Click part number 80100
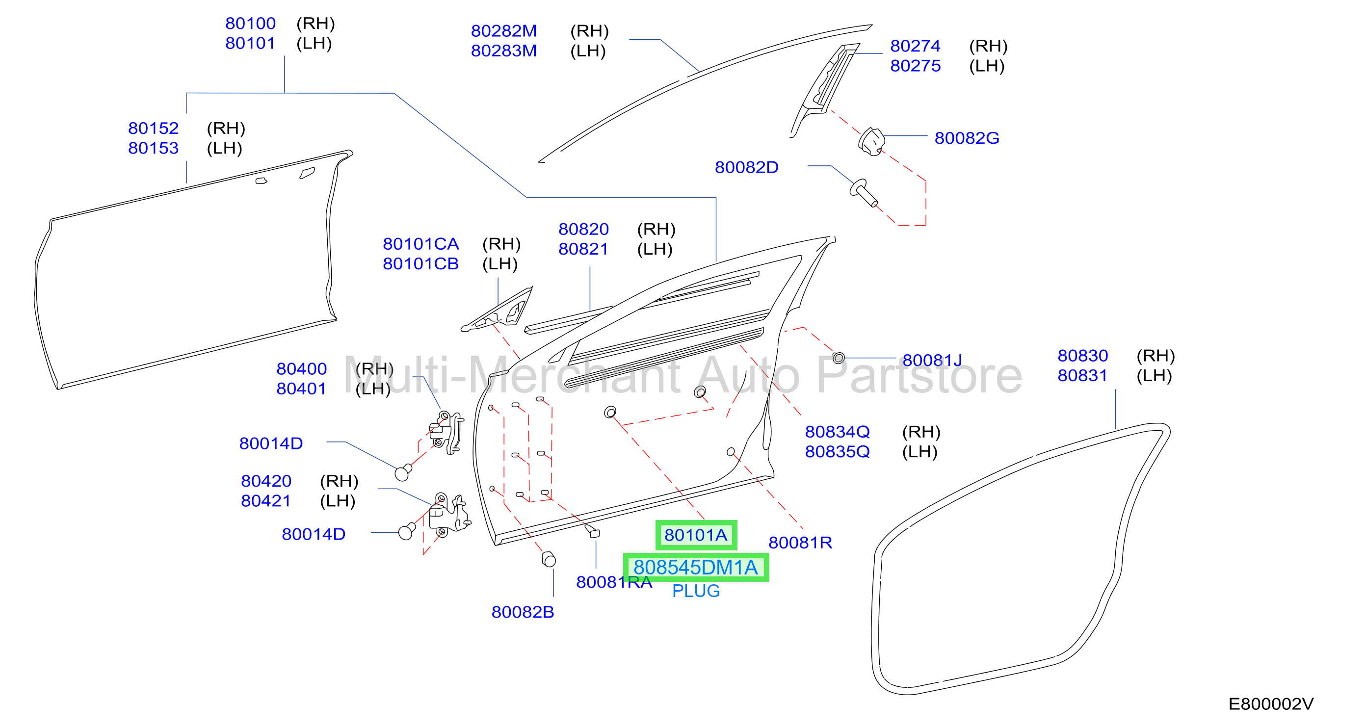point(250,24)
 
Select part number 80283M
point(504,51)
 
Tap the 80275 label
point(915,66)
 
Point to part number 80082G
point(967,138)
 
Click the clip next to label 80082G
point(871,142)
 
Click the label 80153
point(153,148)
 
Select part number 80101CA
point(420,244)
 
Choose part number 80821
point(583,249)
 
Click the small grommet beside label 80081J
point(839,358)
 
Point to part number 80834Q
point(837,432)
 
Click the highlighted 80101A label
point(696,535)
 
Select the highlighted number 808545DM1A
point(696,568)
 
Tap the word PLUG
point(696,591)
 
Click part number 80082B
point(523,612)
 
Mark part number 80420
point(266,481)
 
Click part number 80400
point(302,368)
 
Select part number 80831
point(1082,375)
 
